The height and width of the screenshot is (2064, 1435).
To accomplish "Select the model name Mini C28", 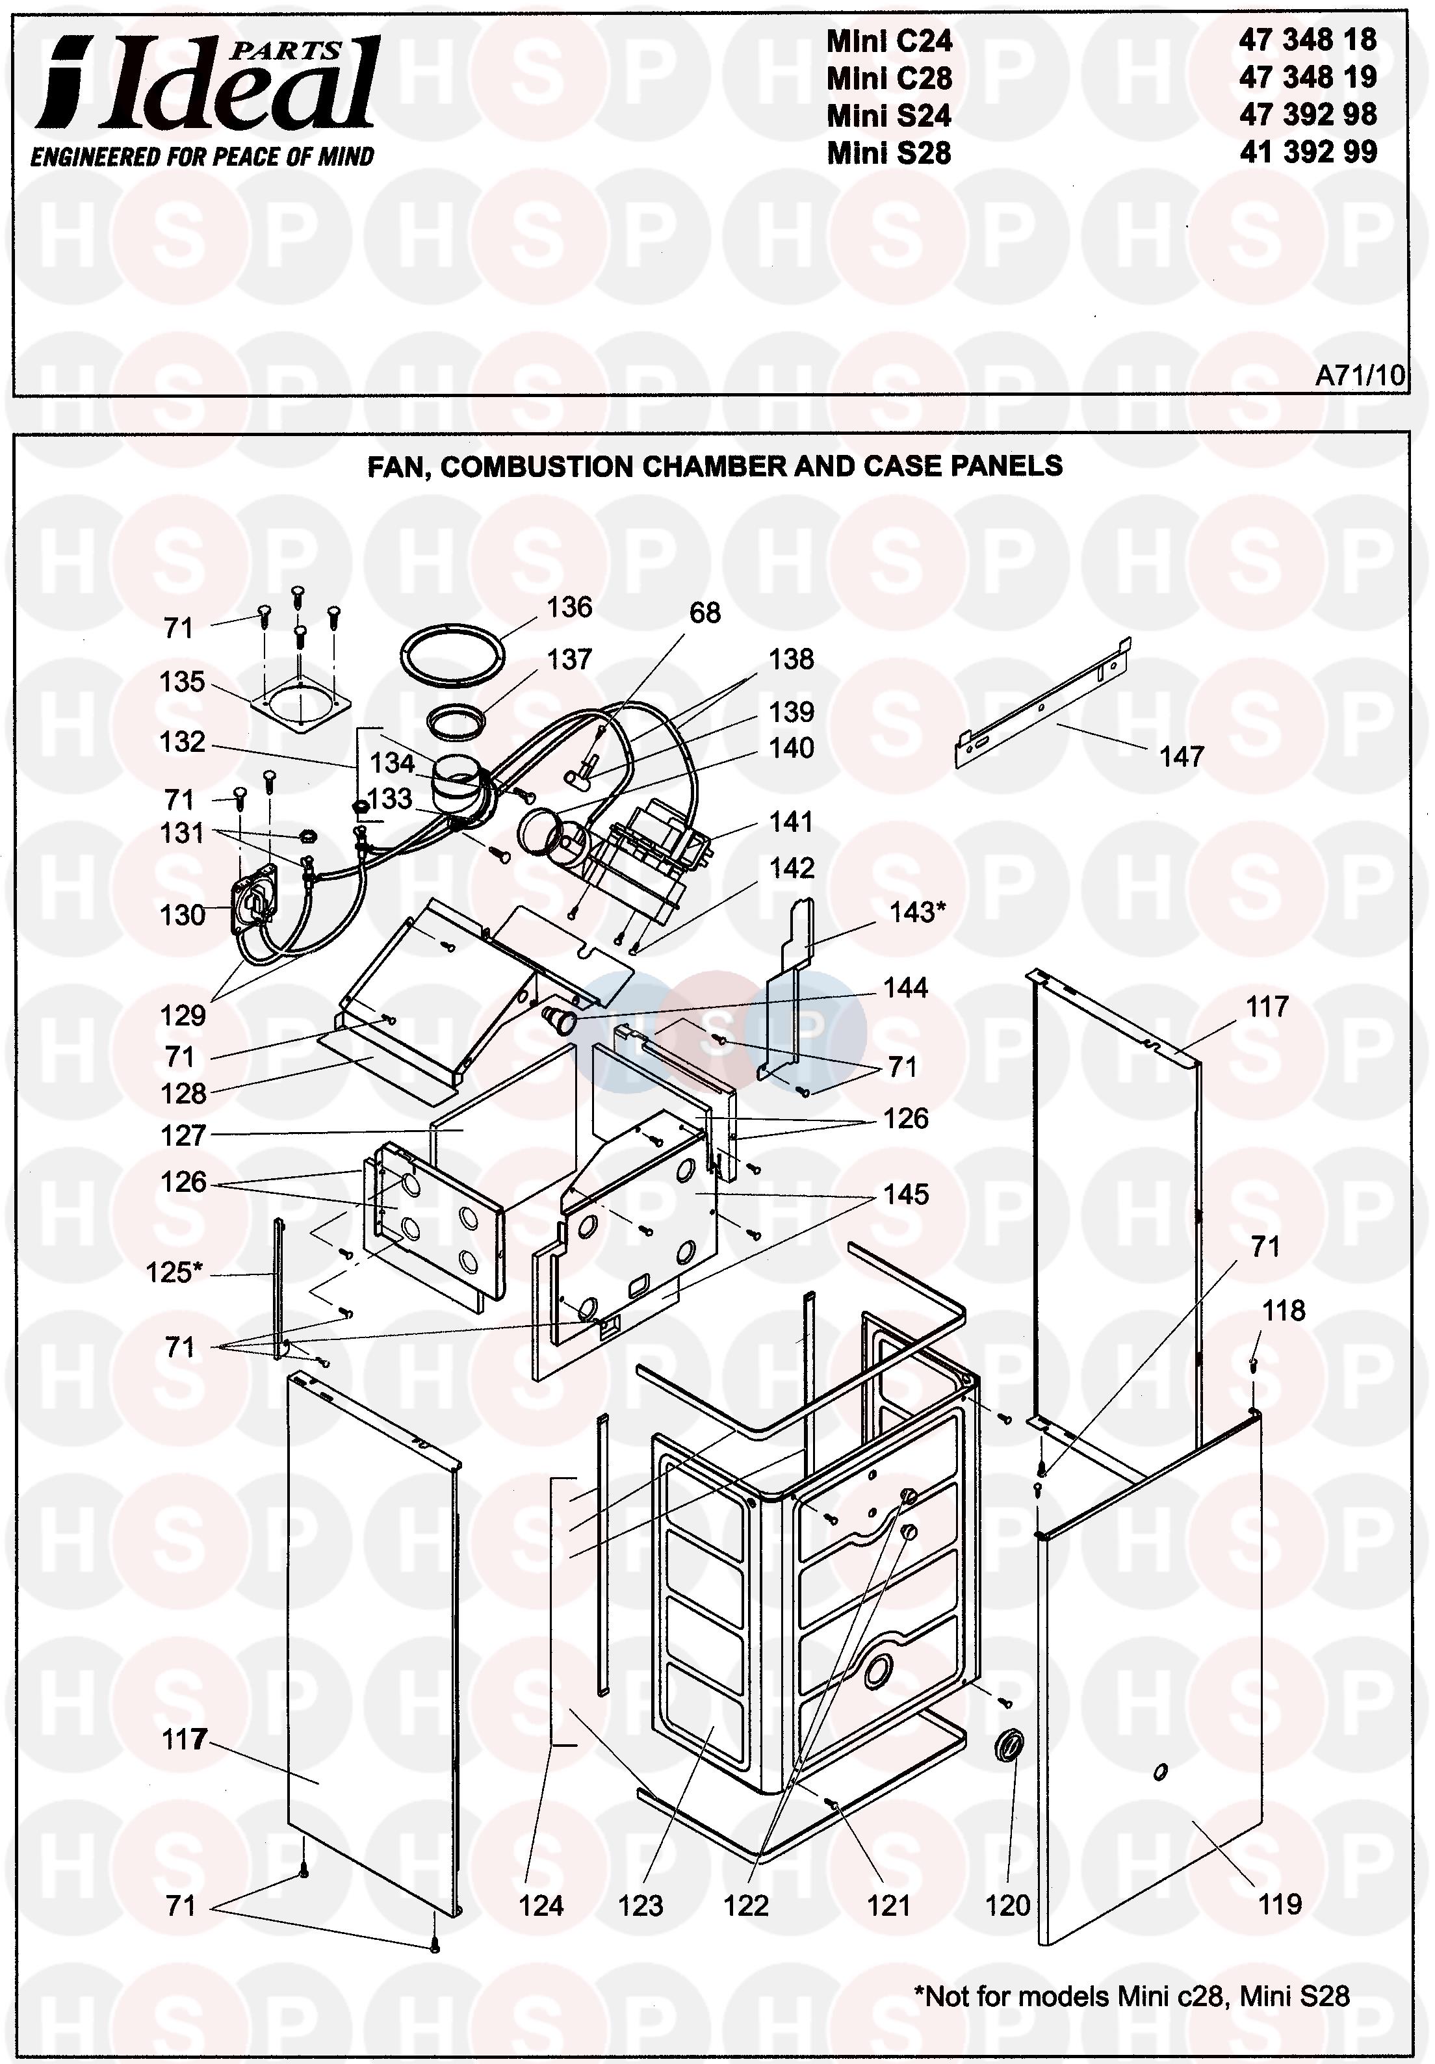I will pos(888,78).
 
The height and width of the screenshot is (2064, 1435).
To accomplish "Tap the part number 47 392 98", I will pos(1308,115).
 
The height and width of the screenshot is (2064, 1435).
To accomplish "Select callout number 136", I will pos(569,608).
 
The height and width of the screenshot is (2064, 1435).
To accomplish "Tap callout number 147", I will pos(1180,757).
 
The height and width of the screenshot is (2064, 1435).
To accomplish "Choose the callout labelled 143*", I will pos(917,912).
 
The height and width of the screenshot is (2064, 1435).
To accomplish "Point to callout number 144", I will pos(905,988).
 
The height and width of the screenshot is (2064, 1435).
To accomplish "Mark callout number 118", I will pos(1283,1311).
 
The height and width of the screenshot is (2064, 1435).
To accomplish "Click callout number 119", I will pos(1280,1904).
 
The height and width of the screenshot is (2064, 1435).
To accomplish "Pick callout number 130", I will pos(183,915).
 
